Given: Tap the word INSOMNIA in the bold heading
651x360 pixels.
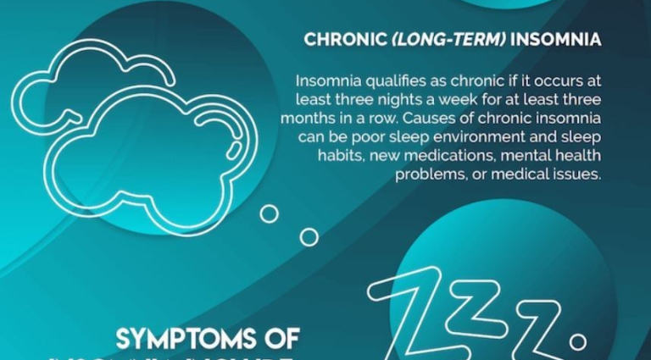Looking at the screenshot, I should coord(559,40).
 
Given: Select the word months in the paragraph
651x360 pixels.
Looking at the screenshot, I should coord(306,119).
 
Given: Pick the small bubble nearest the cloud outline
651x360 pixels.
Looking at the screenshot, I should coord(269,213).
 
